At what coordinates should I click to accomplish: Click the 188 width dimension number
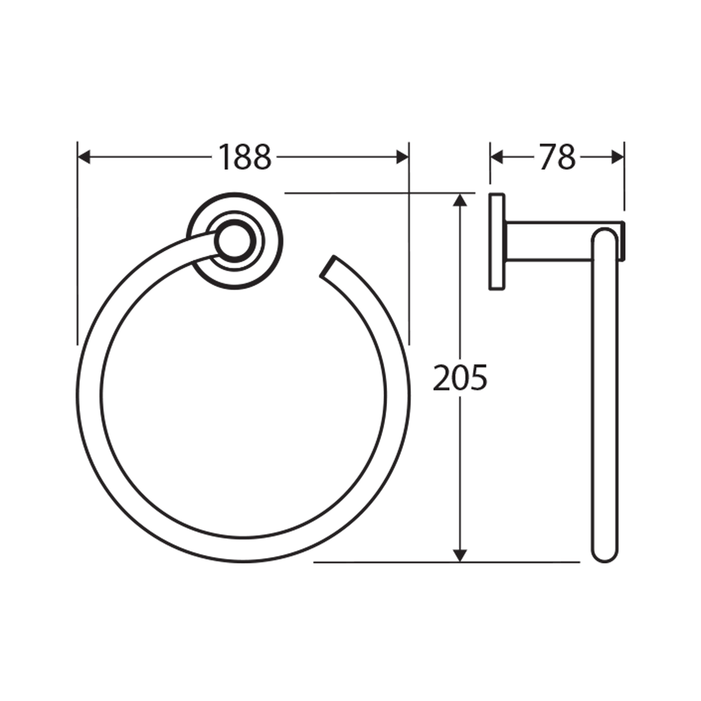pyautogui.click(x=244, y=157)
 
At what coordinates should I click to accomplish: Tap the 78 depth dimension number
pyautogui.click(x=557, y=157)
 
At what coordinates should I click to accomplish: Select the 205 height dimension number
pyautogui.click(x=460, y=378)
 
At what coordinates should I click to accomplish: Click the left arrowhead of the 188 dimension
pyautogui.click(x=84, y=157)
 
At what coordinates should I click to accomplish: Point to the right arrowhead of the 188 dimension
pyautogui.click(x=402, y=157)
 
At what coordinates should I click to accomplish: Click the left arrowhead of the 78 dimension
pyautogui.click(x=497, y=157)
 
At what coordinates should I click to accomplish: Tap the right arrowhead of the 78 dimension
pyautogui.click(x=618, y=157)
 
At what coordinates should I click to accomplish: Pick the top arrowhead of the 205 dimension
pyautogui.click(x=460, y=200)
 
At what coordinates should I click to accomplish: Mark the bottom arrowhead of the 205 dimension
pyautogui.click(x=460, y=555)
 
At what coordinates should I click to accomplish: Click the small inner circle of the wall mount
pyautogui.click(x=234, y=241)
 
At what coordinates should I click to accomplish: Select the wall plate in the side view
pyautogui.click(x=497, y=241)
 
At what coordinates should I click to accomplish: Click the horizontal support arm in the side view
pyautogui.click(x=548, y=241)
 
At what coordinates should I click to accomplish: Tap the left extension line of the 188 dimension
pyautogui.click(x=77, y=260)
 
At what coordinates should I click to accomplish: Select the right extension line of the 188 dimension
pyautogui.click(x=409, y=260)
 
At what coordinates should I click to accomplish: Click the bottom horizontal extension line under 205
pyautogui.click(x=389, y=562)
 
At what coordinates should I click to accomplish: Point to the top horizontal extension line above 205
pyautogui.click(x=363, y=193)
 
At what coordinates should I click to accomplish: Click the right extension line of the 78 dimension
pyautogui.click(x=624, y=188)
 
